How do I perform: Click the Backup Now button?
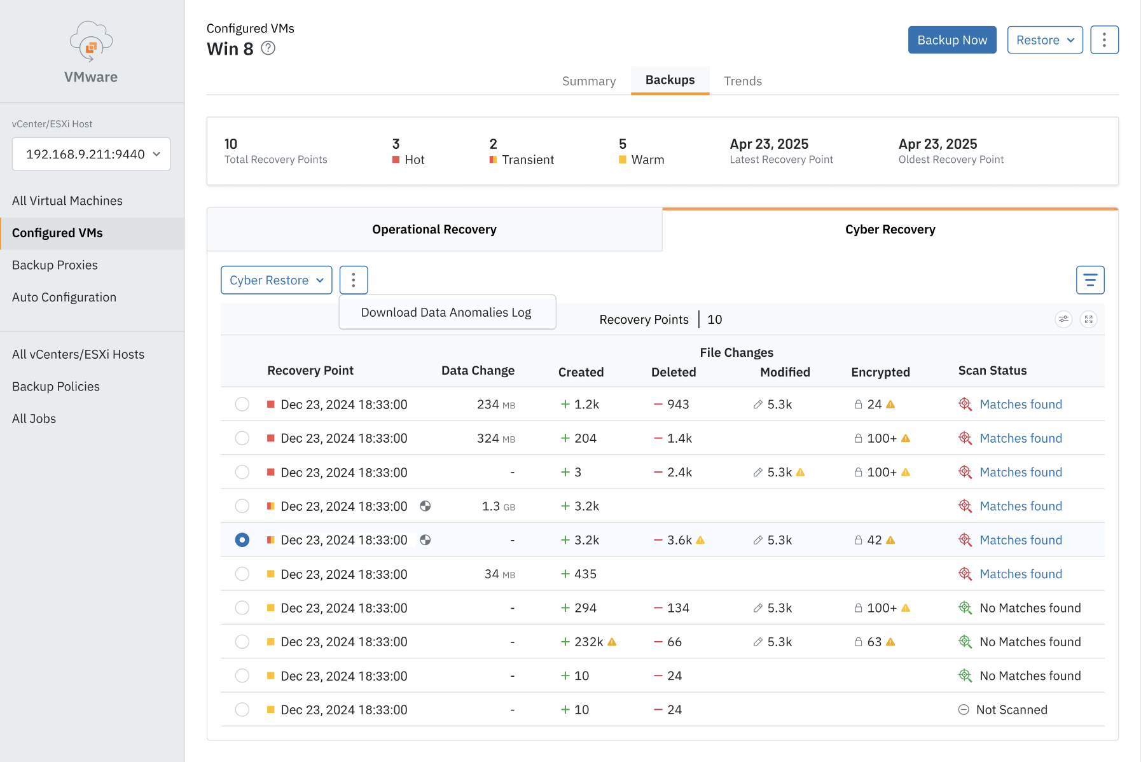[951, 40]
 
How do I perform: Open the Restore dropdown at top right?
[1044, 40]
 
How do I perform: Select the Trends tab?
[742, 81]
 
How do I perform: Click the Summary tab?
[588, 81]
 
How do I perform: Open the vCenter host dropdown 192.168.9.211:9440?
[91, 154]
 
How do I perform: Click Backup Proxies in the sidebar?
[55, 265]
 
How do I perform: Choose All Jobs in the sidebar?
[34, 419]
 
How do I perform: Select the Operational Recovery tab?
[434, 230]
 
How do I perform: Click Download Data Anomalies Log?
[446, 312]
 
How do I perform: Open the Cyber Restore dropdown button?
[276, 280]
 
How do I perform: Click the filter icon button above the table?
[1089, 280]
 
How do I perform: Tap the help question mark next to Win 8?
[268, 48]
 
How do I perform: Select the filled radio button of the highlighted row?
[242, 540]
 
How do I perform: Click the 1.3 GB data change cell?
[498, 506]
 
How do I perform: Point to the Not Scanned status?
[1011, 710]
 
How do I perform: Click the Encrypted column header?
[880, 372]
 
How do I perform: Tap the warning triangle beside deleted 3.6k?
[700, 540]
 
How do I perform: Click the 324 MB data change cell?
[495, 438]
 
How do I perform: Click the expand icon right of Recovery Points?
[1088, 319]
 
